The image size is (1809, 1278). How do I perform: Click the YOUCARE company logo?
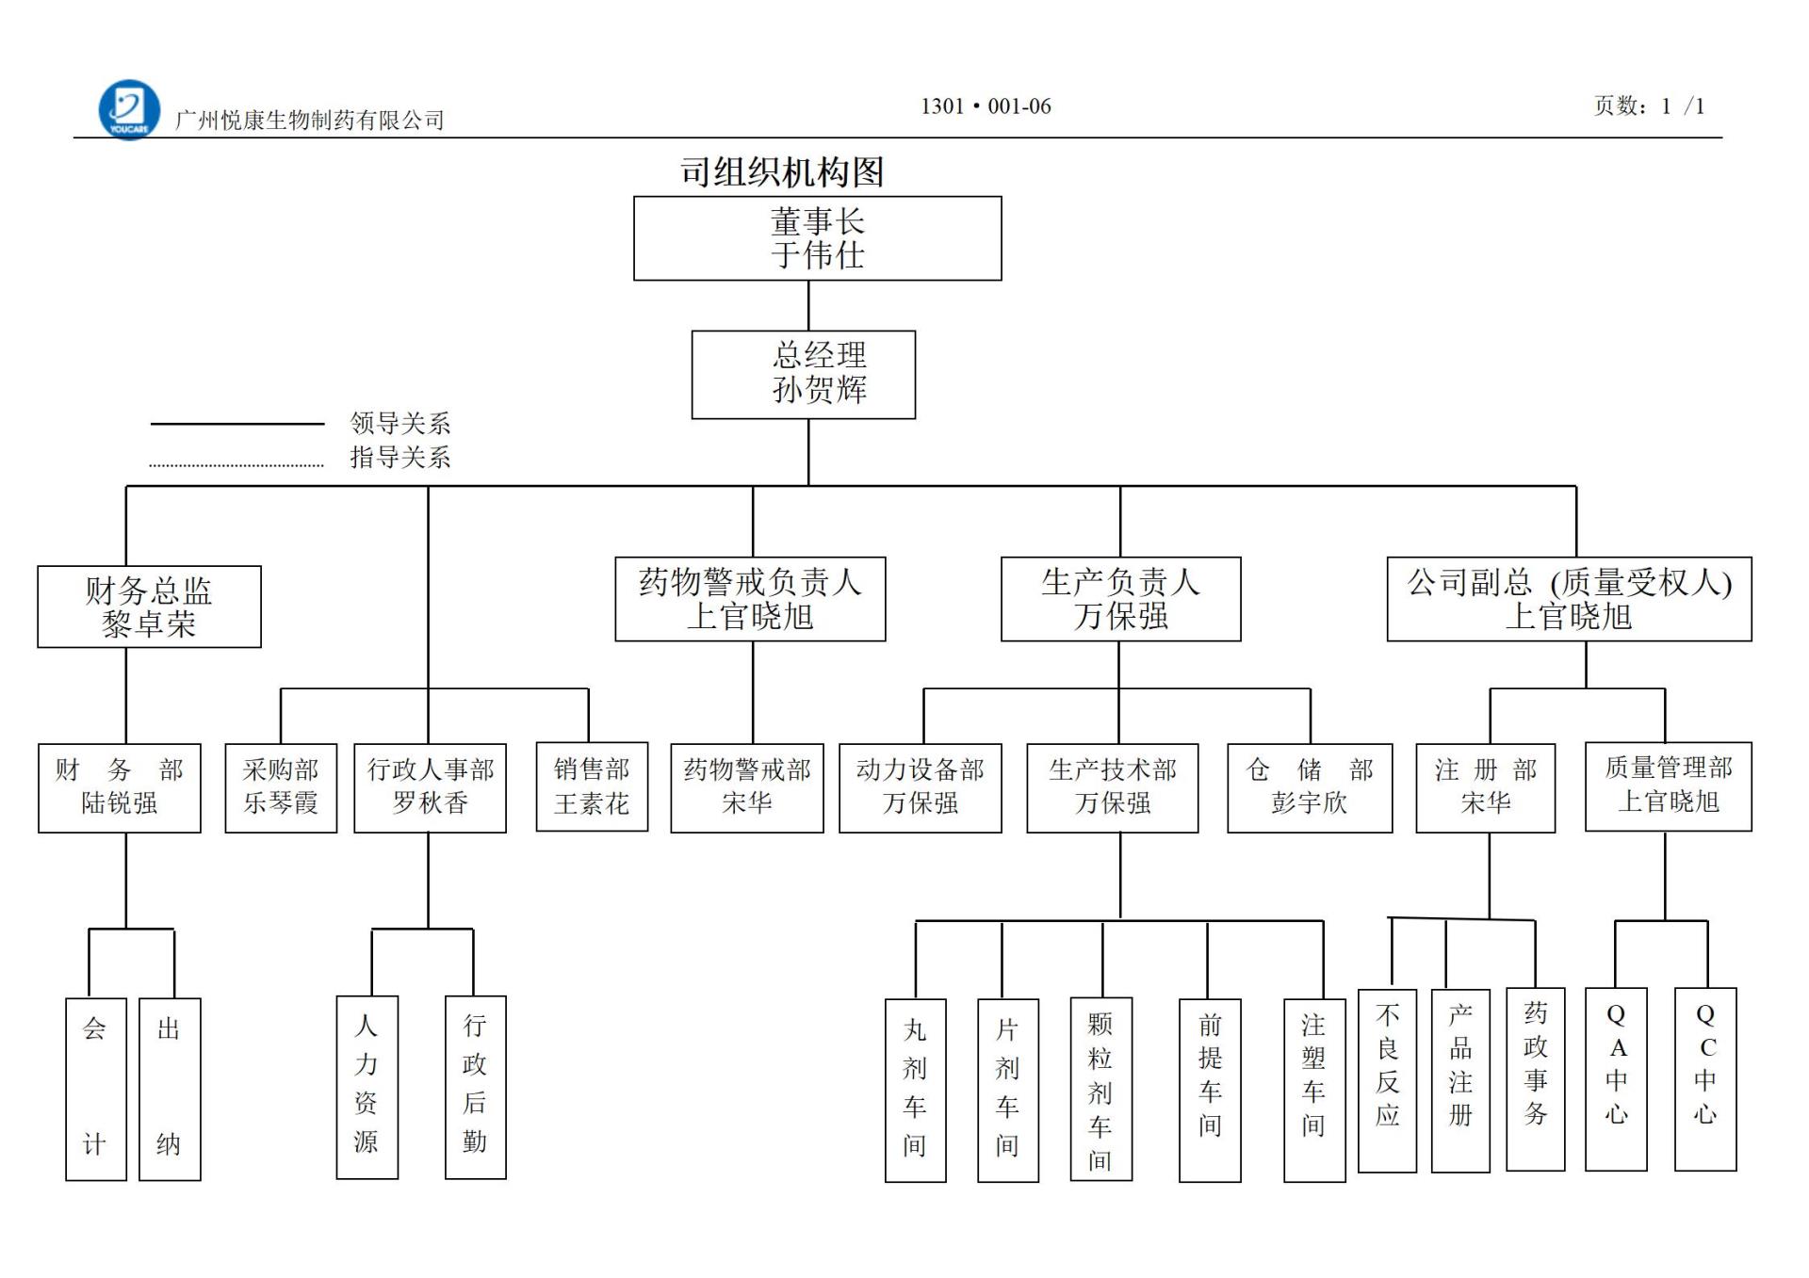pos(129,109)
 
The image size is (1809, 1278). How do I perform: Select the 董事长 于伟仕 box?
pos(817,238)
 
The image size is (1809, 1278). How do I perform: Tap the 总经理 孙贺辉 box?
pos(803,374)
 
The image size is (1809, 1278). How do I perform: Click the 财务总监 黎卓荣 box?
pos(149,607)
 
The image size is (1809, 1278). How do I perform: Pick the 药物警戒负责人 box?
pos(750,599)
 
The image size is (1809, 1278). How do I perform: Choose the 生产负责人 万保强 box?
pos(1120,599)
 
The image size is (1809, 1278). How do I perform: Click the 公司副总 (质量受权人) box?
pos(1569,599)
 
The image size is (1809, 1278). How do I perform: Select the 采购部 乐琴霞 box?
pos(281,787)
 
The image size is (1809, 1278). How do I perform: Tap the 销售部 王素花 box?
pos(592,786)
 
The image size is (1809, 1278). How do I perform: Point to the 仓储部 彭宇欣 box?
pos(1310,787)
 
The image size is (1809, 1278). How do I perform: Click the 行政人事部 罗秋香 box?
pos(430,787)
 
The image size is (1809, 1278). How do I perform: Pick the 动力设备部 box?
pos(920,787)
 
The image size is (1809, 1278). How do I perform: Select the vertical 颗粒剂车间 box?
pos(1100,1089)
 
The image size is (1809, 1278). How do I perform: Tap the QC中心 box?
pos(1704,1078)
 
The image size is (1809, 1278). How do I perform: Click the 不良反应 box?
pos(1387,1079)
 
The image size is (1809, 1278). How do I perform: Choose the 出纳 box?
pos(170,1089)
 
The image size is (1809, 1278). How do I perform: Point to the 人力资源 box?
pos(367,1087)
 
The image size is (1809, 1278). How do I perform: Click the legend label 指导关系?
pos(400,458)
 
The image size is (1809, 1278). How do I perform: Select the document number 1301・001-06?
pos(986,106)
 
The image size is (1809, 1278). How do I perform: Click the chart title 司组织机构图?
pos(782,172)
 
